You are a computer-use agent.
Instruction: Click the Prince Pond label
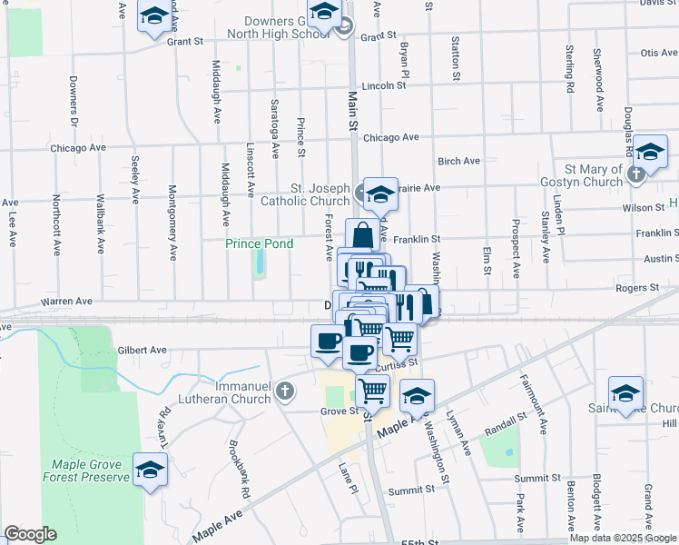click(259, 243)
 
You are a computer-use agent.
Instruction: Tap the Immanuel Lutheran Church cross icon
click(285, 391)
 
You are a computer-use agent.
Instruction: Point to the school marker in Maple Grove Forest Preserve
click(151, 470)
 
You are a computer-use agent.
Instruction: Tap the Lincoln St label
click(382, 86)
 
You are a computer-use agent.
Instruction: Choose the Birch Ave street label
click(458, 161)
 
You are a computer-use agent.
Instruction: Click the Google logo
click(30, 534)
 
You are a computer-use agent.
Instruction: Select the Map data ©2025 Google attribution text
click(623, 538)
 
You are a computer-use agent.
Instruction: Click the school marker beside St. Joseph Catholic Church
click(381, 193)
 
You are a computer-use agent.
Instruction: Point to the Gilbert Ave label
click(143, 350)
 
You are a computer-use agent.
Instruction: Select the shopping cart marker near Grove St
click(372, 391)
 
